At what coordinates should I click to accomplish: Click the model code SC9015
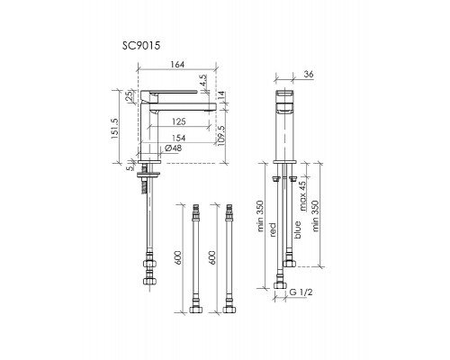(x=141, y=46)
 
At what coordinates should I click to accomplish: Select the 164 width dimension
(x=177, y=64)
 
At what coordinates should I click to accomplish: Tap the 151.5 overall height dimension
(x=115, y=128)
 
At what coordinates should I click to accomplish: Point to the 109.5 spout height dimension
(x=221, y=135)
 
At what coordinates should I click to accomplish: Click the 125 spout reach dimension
(x=179, y=121)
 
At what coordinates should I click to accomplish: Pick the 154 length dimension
(x=178, y=138)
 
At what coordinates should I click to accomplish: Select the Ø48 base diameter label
(x=173, y=148)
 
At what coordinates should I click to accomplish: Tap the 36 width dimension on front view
(x=309, y=74)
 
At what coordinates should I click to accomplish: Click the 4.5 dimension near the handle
(x=203, y=80)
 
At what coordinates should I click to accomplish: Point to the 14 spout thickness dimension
(x=221, y=96)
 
